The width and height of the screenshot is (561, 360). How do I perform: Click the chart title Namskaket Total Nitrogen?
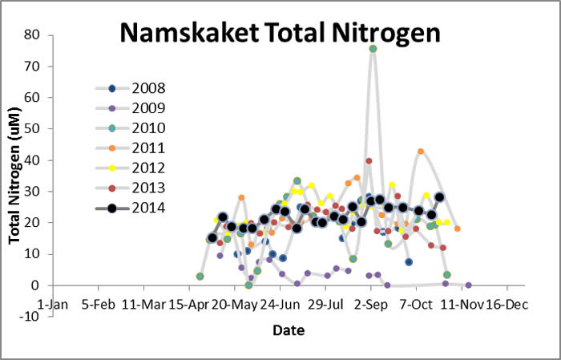pyautogui.click(x=280, y=33)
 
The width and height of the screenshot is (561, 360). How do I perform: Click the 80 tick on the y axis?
pyautogui.click(x=32, y=35)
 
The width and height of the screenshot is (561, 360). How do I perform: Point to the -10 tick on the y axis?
pyautogui.click(x=29, y=317)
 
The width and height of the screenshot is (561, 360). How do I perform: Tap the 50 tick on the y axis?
pyautogui.click(x=32, y=129)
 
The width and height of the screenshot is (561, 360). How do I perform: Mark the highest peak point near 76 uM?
pyautogui.click(x=373, y=49)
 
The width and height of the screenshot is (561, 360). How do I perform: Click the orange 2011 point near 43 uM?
pyautogui.click(x=421, y=152)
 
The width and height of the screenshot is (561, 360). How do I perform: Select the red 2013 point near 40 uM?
pyautogui.click(x=369, y=161)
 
